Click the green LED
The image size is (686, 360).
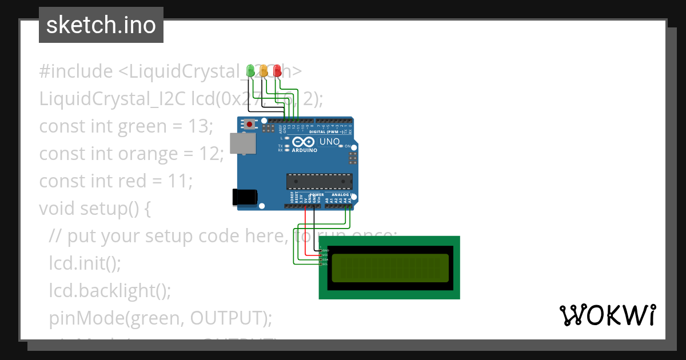pyautogui.click(x=250, y=70)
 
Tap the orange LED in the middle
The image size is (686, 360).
pyautogui.click(x=264, y=70)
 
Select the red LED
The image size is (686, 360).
pyautogui.click(x=277, y=70)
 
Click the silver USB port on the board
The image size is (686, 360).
pyautogui.click(x=242, y=143)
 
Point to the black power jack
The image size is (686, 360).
pyautogui.click(x=245, y=197)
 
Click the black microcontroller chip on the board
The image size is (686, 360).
pyautogui.click(x=319, y=182)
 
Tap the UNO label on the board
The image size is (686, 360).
pyautogui.click(x=329, y=142)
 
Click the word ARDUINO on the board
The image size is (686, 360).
pyautogui.click(x=304, y=151)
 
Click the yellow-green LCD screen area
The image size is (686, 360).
pyautogui.click(x=390, y=268)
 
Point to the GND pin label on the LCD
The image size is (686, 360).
pyautogui.click(x=325, y=250)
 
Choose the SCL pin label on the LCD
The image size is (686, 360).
pyautogui.click(x=325, y=264)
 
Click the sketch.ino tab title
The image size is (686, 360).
pyautogui.click(x=101, y=25)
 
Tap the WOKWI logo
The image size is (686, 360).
pyautogui.click(x=607, y=315)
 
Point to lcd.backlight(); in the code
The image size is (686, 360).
pyautogui.click(x=110, y=291)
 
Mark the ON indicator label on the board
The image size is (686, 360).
pyautogui.click(x=347, y=146)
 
